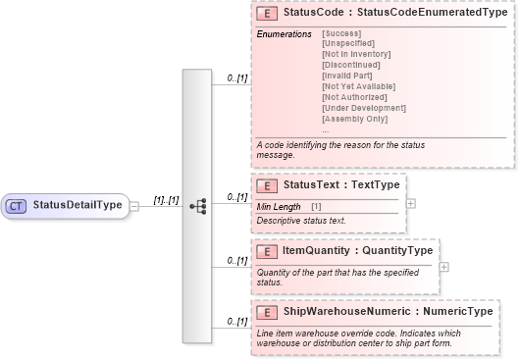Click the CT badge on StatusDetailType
16,206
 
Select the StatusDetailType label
77,206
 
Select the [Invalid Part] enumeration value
349,76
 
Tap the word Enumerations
284,34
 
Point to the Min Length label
279,206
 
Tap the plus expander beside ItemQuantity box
444,266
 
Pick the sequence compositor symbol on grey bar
197,206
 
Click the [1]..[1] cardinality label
165,200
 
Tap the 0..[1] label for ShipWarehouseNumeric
236,322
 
